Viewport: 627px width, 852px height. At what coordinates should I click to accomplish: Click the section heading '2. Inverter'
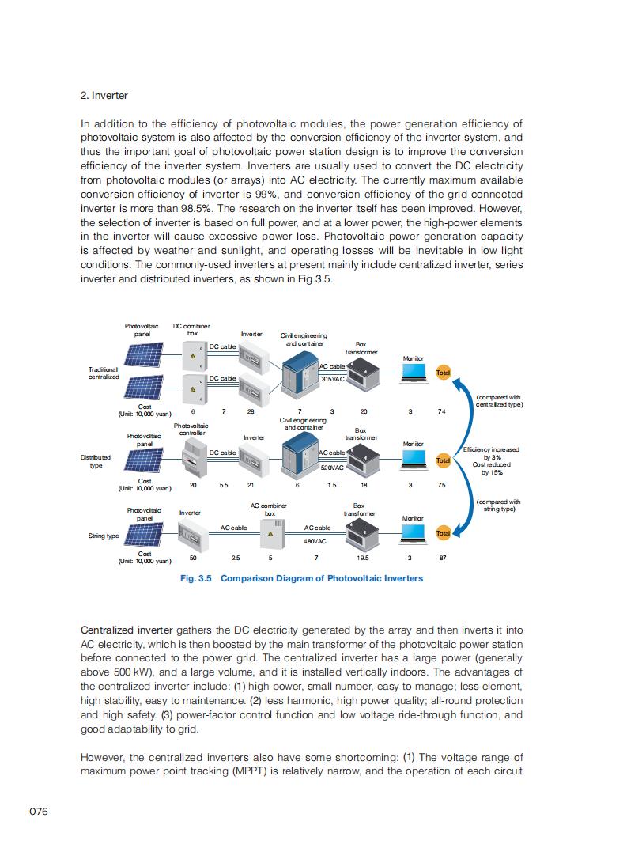click(x=104, y=96)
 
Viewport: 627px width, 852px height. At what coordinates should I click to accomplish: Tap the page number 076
click(x=40, y=812)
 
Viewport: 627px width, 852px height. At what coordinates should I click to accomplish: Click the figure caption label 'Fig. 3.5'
click(x=196, y=578)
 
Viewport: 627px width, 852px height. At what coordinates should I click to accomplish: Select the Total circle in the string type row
click(x=443, y=534)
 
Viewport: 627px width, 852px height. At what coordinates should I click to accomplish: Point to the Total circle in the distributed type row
click(x=443, y=460)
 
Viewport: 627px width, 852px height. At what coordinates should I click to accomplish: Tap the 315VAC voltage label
click(x=333, y=380)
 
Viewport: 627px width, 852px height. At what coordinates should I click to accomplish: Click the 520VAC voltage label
click(x=332, y=468)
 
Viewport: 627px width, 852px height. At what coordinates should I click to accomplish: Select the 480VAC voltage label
click(x=315, y=542)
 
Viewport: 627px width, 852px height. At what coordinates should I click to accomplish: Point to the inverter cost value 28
click(x=251, y=411)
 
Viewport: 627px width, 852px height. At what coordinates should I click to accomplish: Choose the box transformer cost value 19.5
click(x=363, y=558)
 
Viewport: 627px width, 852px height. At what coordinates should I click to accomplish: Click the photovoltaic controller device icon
click(x=193, y=458)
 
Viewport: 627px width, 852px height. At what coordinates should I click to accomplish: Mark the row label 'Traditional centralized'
click(x=104, y=373)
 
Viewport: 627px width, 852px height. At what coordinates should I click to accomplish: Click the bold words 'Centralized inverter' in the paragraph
click(x=127, y=630)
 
